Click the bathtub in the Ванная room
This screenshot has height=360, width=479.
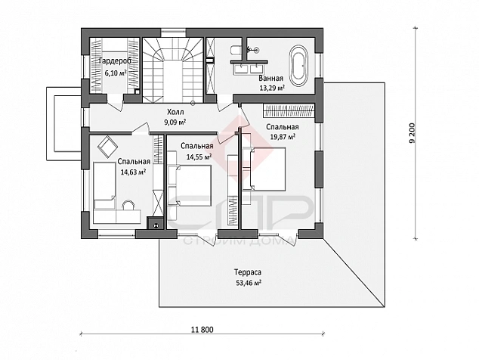[299, 66]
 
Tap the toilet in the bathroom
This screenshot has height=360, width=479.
[236, 51]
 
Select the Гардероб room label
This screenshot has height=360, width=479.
[115, 61]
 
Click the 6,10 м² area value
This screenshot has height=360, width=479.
[116, 73]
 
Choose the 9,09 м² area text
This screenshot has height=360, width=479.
[175, 123]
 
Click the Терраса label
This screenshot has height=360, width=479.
[248, 272]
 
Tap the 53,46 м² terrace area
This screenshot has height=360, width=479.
[248, 283]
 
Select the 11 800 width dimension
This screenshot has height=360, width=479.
[202, 330]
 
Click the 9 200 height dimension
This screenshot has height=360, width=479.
[413, 133]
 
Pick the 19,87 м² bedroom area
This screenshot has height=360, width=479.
[283, 137]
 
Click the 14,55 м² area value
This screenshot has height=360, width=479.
[199, 157]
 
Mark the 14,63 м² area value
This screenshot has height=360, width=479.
[133, 172]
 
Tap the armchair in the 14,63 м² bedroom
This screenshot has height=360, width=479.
[107, 147]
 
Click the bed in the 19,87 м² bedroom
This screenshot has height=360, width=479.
[264, 169]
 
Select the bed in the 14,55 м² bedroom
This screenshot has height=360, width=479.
[190, 185]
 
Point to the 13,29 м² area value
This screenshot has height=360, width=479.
[272, 88]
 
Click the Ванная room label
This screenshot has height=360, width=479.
[270, 79]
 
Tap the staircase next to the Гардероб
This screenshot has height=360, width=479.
[173, 70]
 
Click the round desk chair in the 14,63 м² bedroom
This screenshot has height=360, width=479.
[128, 205]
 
